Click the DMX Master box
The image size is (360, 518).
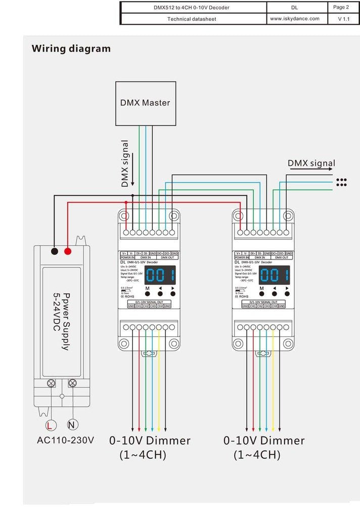pyautogui.click(x=145, y=103)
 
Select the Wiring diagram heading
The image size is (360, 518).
pyautogui.click(x=71, y=49)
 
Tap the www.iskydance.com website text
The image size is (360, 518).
pyautogui.click(x=294, y=19)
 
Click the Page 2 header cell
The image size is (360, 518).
pyautogui.click(x=341, y=7)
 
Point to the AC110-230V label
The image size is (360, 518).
pyautogui.click(x=66, y=440)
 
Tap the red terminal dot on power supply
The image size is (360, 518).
pyautogui.click(x=68, y=251)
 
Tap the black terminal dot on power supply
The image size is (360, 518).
pyautogui.click(x=54, y=251)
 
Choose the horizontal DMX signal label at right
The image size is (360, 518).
pyautogui.click(x=311, y=163)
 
